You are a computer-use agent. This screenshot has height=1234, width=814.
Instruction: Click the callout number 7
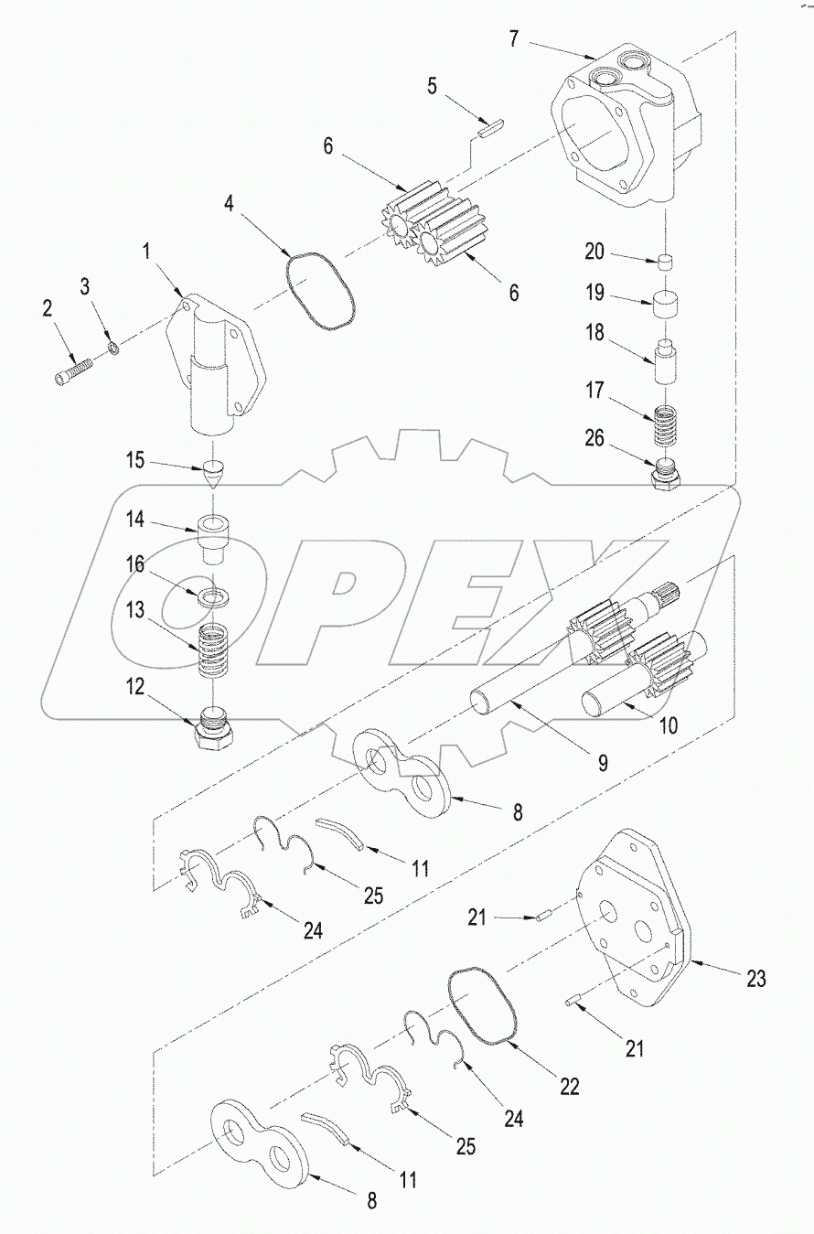tap(514, 38)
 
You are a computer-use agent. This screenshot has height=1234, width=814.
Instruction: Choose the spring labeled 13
tap(213, 649)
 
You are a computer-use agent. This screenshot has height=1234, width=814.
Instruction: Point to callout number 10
tap(669, 726)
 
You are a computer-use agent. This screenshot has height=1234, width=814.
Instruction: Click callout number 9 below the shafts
tap(603, 761)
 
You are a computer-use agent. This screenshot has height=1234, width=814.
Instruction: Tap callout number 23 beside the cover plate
tap(755, 979)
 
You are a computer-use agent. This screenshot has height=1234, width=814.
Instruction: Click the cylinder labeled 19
tap(670, 304)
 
